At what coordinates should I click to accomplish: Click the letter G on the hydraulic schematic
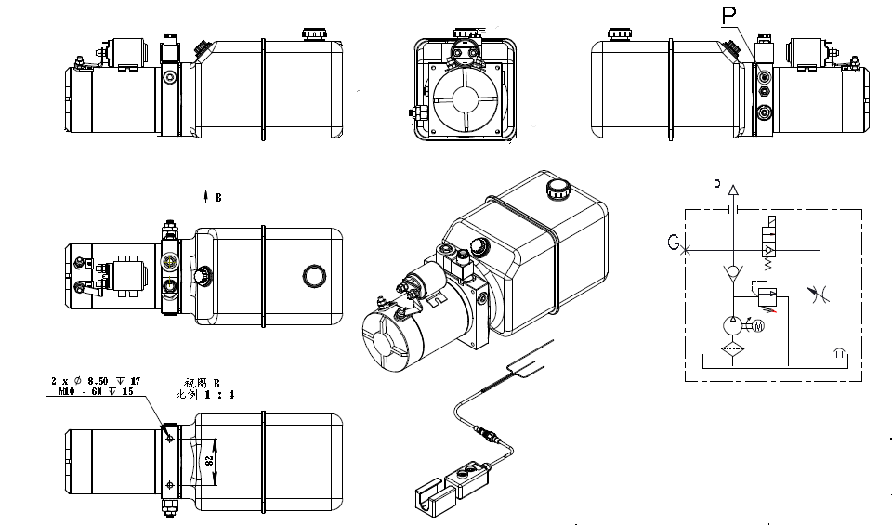tap(673, 243)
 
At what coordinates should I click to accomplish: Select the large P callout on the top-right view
tap(728, 16)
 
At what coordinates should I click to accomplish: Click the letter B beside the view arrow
tap(217, 197)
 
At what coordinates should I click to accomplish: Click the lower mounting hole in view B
tap(167, 486)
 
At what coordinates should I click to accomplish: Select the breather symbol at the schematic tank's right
tap(839, 354)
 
